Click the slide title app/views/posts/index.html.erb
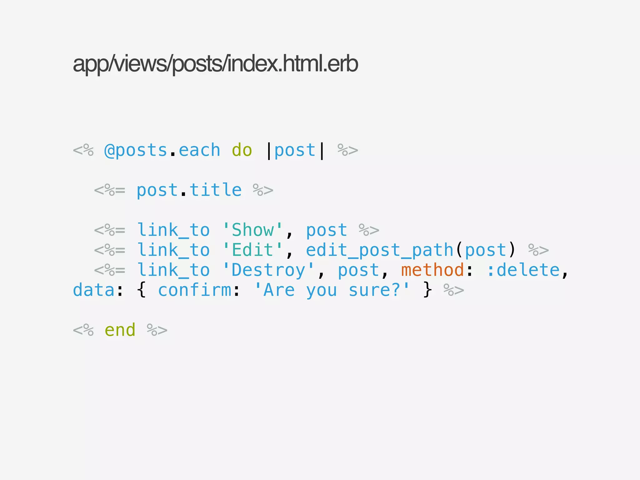[x=215, y=64]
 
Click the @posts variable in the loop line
[x=136, y=151]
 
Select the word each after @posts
[x=199, y=151]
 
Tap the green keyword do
[x=242, y=151]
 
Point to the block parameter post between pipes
[x=295, y=151]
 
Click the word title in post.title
[x=216, y=190]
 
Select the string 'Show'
[x=252, y=230]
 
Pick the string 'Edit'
[x=252, y=250]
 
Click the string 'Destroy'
[x=268, y=270]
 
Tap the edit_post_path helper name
[x=380, y=250]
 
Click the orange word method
[x=432, y=270]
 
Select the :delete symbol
[x=523, y=270]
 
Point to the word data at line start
[x=94, y=290]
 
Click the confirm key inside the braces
[x=194, y=290]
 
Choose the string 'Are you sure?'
[x=332, y=290]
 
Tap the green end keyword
[x=120, y=330]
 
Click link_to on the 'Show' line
[x=173, y=230]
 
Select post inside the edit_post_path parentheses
[x=485, y=250]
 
